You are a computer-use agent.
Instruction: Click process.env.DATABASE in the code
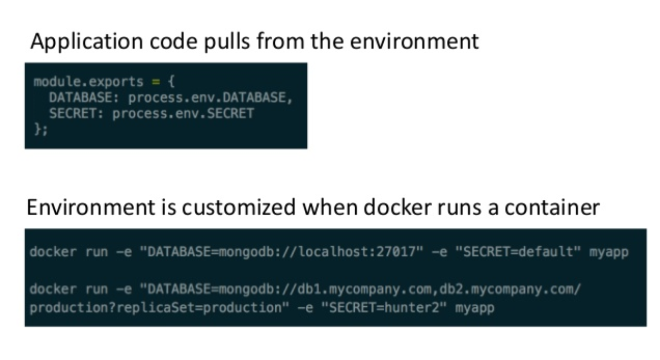tap(210, 98)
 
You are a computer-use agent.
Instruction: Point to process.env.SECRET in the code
tap(183, 113)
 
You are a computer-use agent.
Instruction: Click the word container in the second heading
tap(552, 207)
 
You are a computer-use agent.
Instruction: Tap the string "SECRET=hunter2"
tap(384, 308)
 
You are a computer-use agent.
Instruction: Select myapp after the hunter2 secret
tap(475, 308)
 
